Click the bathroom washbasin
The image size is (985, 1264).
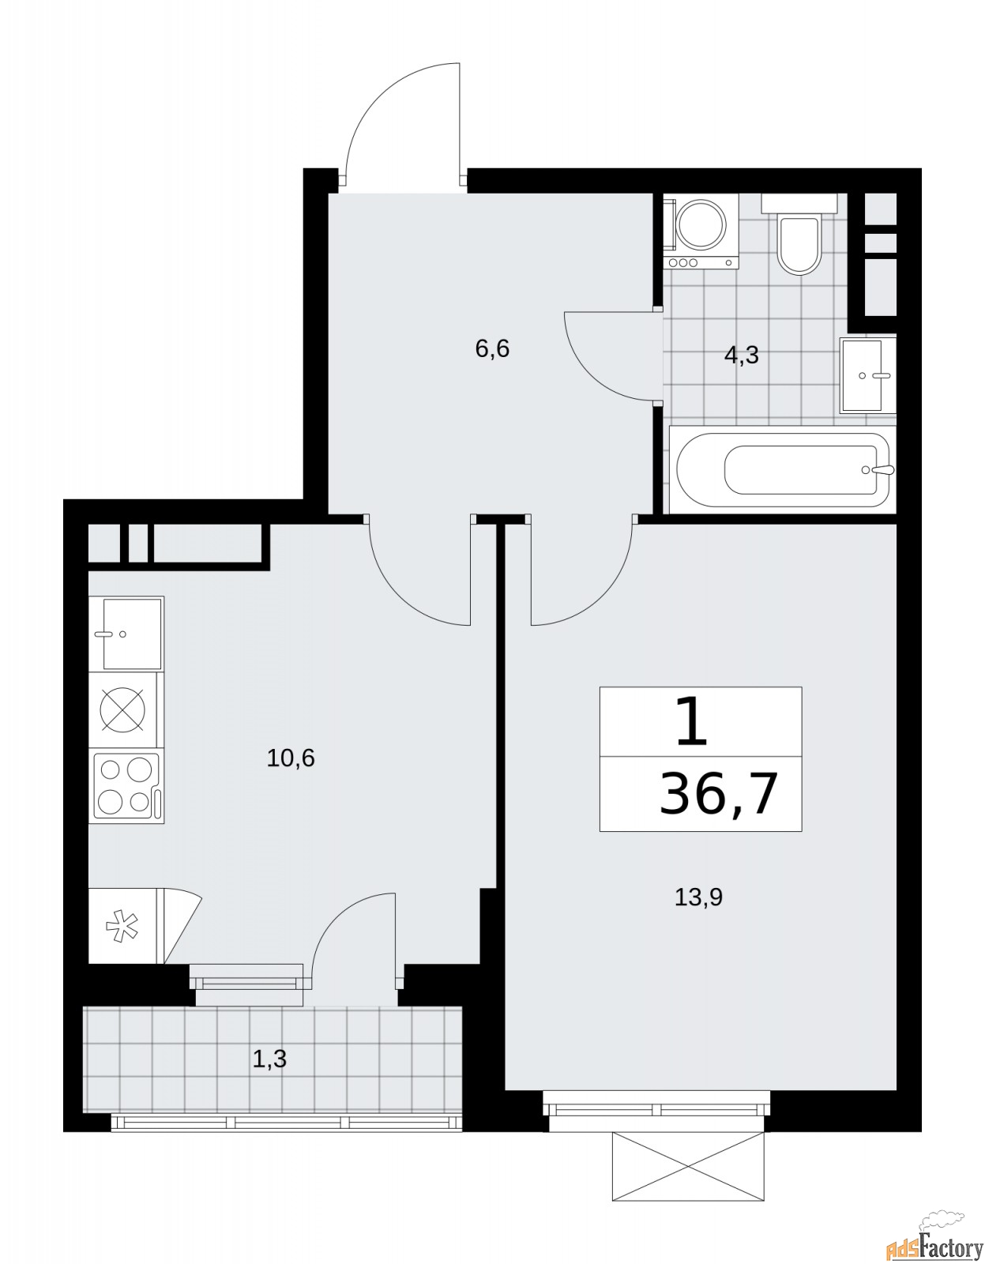click(x=867, y=375)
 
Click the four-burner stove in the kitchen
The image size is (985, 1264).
click(x=126, y=787)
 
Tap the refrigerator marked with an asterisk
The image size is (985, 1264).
click(x=123, y=925)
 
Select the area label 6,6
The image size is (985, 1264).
click(x=492, y=348)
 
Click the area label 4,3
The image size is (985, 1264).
click(x=741, y=355)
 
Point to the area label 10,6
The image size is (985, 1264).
click(x=291, y=758)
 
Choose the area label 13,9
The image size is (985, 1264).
click(x=698, y=897)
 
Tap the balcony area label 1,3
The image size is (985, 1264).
click(x=269, y=1059)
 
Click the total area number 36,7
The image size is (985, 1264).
click(x=718, y=794)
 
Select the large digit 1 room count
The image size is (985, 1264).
click(x=693, y=724)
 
